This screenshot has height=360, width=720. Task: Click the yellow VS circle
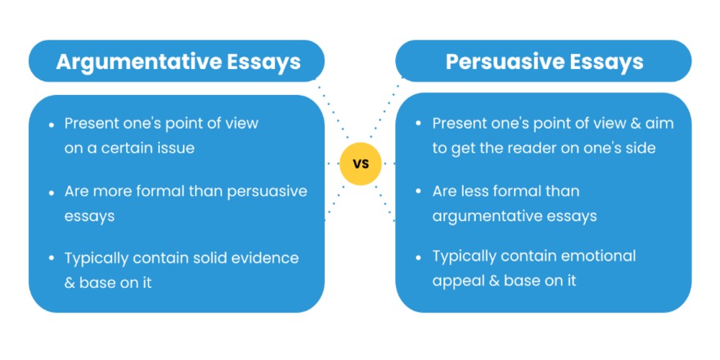360,163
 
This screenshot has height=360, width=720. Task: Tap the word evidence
264,258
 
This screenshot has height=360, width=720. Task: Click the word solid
204,258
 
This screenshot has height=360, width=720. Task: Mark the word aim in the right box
658,123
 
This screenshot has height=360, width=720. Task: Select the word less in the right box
471,192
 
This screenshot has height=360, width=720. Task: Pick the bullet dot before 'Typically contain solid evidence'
51,258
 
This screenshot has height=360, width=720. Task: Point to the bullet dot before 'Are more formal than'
51,192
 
